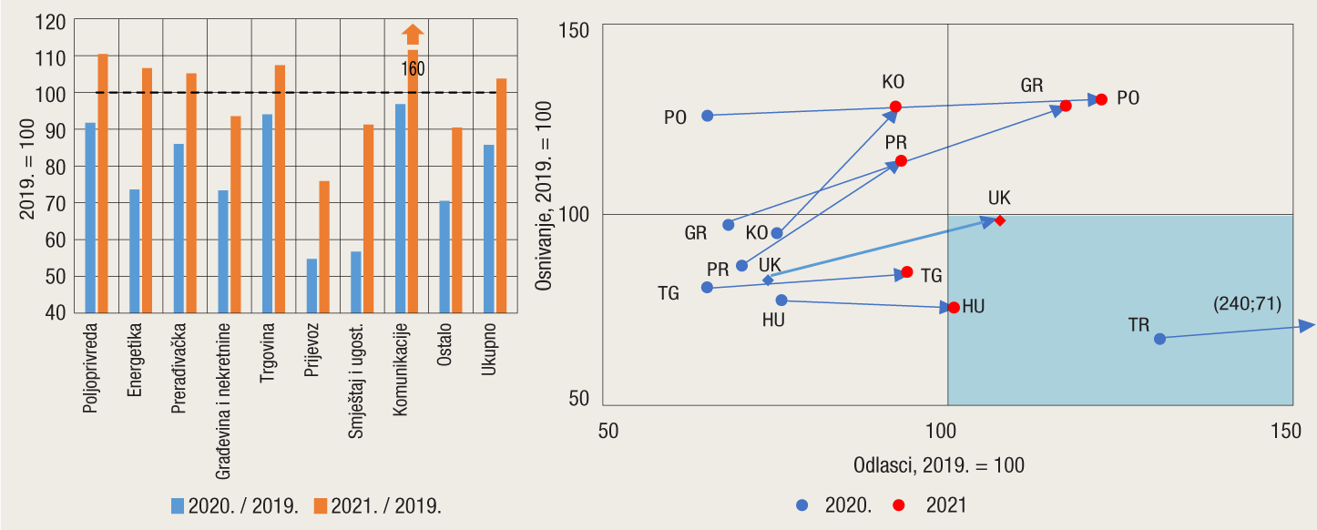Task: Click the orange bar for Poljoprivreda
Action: tap(103, 182)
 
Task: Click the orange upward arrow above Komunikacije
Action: tap(413, 35)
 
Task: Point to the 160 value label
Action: tap(413, 69)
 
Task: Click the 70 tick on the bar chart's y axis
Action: tap(56, 203)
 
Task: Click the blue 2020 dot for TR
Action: tap(1159, 339)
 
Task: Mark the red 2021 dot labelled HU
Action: tap(954, 308)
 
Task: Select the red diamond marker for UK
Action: tap(1000, 220)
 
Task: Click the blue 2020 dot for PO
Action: tap(707, 116)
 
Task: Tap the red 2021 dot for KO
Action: tap(895, 107)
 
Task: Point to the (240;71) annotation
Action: tap(1247, 304)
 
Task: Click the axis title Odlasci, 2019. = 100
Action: tap(938, 465)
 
